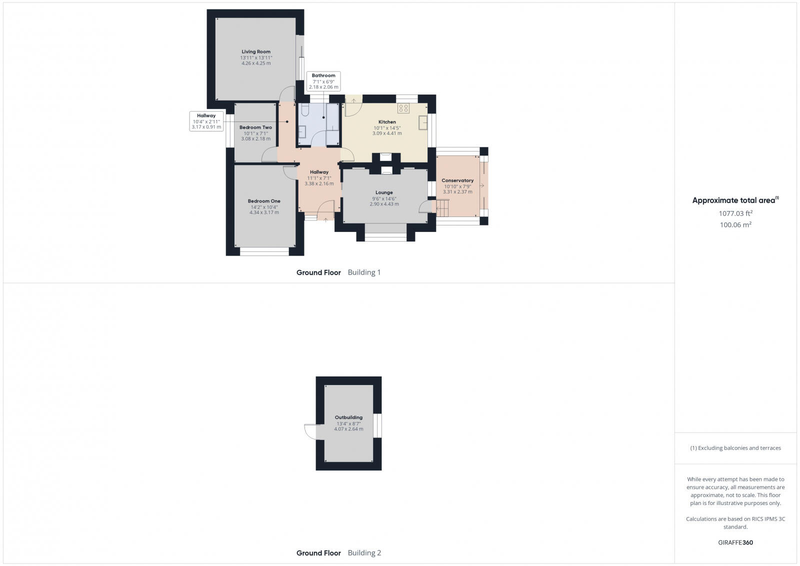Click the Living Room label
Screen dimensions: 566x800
pyautogui.click(x=256, y=51)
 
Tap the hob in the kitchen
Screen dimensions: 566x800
pyautogui.click(x=403, y=108)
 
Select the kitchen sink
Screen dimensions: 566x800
pyautogui.click(x=423, y=122)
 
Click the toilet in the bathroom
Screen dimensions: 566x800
pyautogui.click(x=305, y=111)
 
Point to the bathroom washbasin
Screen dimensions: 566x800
pyautogui.click(x=302, y=131)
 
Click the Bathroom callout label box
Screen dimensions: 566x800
pyautogui.click(x=323, y=81)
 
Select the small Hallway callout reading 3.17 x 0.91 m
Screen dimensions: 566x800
pyautogui.click(x=206, y=121)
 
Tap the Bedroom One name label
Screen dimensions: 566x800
pyautogui.click(x=264, y=201)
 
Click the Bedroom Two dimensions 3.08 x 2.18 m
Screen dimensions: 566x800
pyautogui.click(x=256, y=138)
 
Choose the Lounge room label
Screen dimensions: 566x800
pyautogui.click(x=384, y=192)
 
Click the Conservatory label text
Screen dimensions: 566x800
pyautogui.click(x=457, y=180)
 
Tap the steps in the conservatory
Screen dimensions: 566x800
pyautogui.click(x=442, y=206)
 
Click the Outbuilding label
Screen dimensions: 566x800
pyautogui.click(x=348, y=417)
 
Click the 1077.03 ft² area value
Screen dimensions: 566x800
pyautogui.click(x=735, y=213)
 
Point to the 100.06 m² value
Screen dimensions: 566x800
pyautogui.click(x=735, y=225)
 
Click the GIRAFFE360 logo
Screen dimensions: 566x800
pyautogui.click(x=735, y=542)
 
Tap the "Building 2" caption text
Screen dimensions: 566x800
pyautogui.click(x=364, y=553)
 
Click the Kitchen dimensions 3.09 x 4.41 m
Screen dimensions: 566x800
pyautogui.click(x=387, y=133)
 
